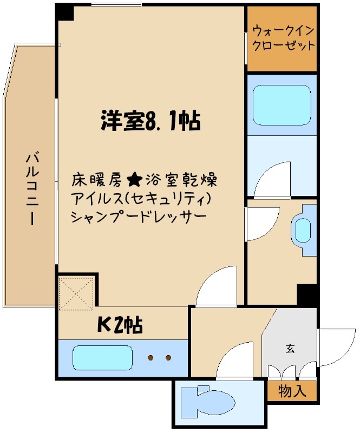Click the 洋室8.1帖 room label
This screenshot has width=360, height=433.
click(150, 121)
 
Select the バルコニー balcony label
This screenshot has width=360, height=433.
click(31, 189)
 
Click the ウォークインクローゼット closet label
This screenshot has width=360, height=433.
click(282, 38)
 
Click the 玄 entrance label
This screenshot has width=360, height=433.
click(290, 349)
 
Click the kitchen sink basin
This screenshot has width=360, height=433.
click(102, 358)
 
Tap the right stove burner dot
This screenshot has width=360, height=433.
click(168, 358)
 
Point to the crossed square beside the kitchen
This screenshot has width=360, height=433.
click(77, 293)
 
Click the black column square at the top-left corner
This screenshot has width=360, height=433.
click(65, 12)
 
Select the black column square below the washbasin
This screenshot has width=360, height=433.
click(306, 294)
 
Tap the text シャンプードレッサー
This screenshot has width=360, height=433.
click(138, 217)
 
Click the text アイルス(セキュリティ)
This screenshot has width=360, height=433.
click(140, 198)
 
